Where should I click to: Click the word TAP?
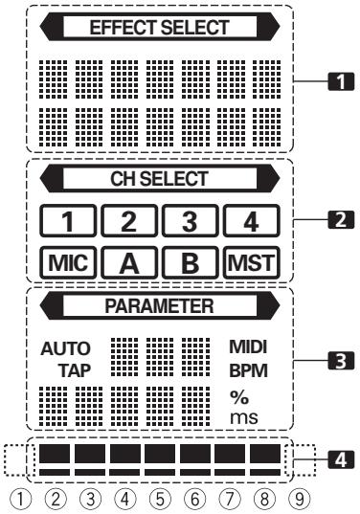(x=71, y=369)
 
